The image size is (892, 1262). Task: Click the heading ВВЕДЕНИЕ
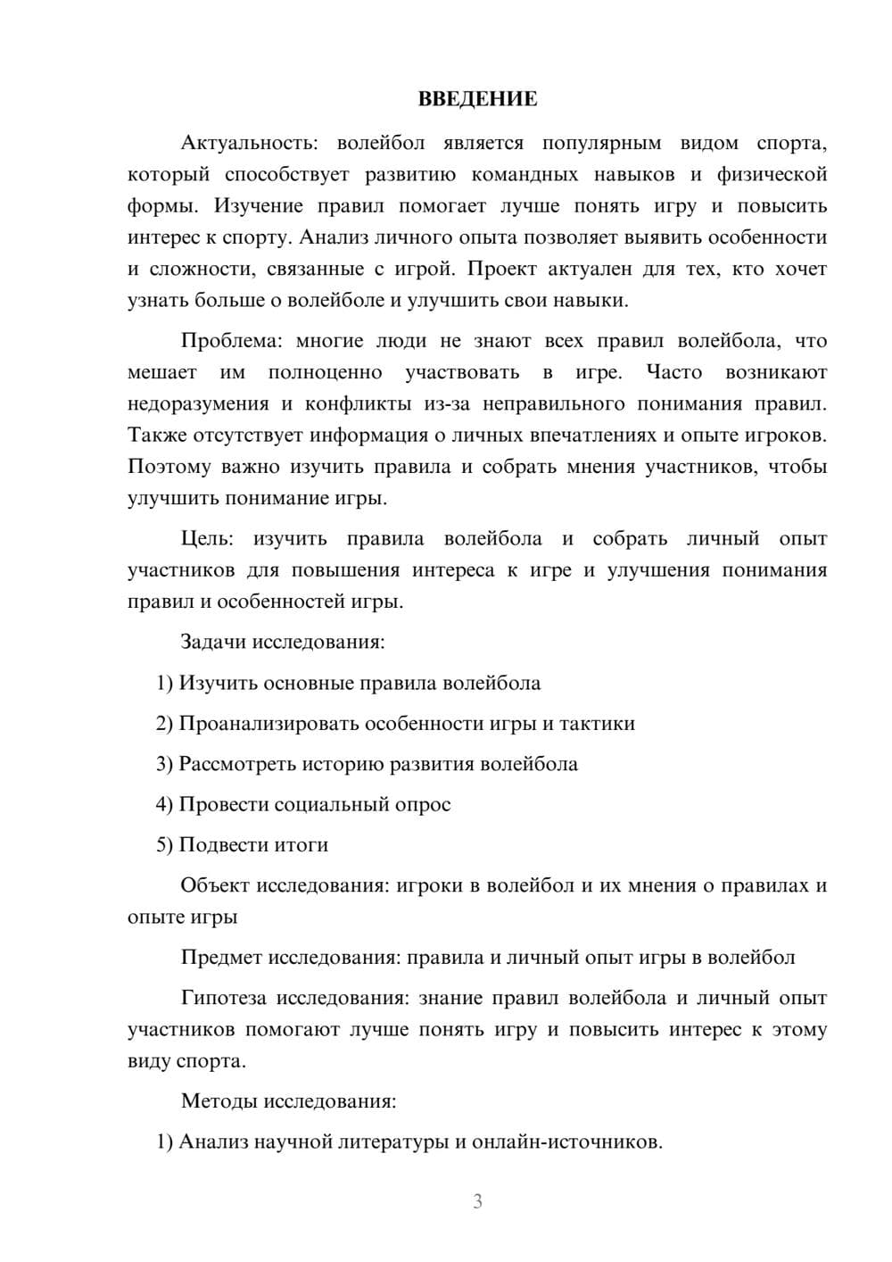[477, 99]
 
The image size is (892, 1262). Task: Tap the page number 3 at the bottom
[477, 1201]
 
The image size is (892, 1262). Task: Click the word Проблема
[233, 341]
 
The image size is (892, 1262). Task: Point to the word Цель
[207, 539]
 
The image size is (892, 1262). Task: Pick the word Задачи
[214, 642]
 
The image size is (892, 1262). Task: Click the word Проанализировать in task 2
[268, 724]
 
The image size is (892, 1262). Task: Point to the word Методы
[219, 1101]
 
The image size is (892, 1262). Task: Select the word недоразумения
[198, 404]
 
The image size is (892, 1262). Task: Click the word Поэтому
[169, 467]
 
